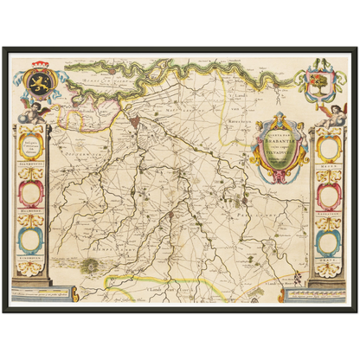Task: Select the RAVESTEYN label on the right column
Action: coord(329,209)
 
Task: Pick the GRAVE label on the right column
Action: coord(329,254)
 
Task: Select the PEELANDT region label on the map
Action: coord(260,209)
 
